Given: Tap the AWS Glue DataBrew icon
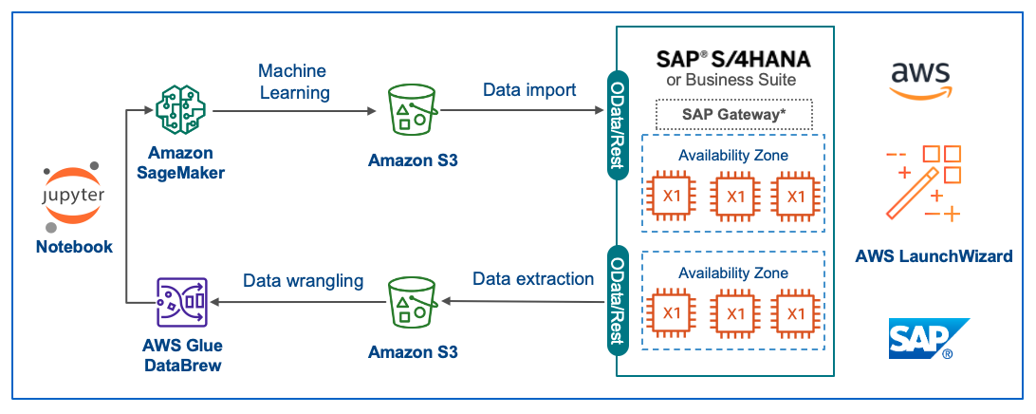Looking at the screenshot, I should (x=180, y=302).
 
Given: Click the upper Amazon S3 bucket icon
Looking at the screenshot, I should (x=413, y=111).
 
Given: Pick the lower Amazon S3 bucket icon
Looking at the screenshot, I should (x=413, y=302).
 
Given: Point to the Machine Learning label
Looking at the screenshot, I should (x=293, y=82).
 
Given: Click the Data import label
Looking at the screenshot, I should (x=529, y=90).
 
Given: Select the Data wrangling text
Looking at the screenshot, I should (x=304, y=280).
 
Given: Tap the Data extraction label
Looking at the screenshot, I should (x=533, y=279).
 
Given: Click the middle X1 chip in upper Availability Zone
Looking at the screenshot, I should (x=735, y=197).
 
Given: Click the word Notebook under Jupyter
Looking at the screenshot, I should (x=74, y=247).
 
